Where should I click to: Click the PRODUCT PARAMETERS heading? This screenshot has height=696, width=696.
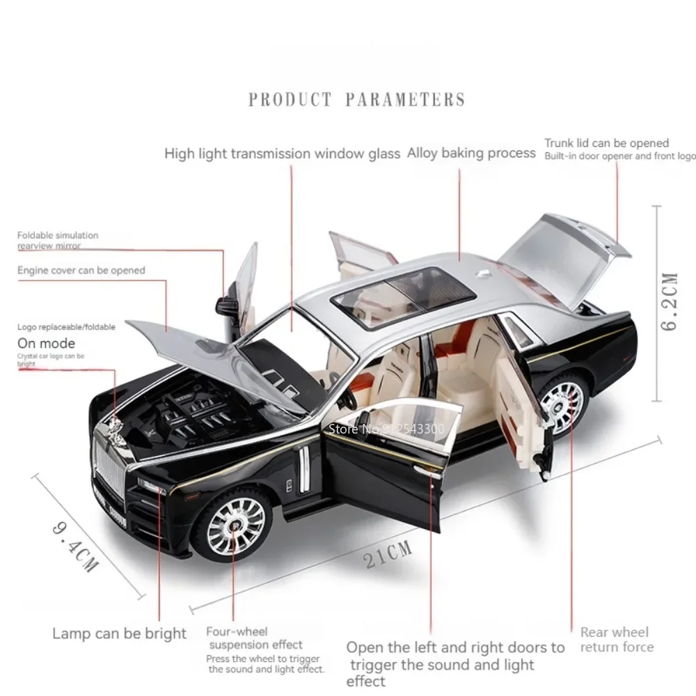(x=356, y=100)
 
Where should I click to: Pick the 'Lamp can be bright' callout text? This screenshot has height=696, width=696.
(x=120, y=633)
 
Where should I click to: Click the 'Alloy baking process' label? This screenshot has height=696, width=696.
(x=471, y=152)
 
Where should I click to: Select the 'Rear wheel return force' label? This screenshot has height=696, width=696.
(x=617, y=640)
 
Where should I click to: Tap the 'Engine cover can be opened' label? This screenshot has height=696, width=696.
(x=81, y=270)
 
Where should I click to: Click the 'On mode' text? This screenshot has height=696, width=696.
(x=46, y=343)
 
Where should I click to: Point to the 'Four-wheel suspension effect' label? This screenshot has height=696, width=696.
(x=254, y=638)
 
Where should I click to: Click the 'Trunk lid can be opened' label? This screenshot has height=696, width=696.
(x=606, y=143)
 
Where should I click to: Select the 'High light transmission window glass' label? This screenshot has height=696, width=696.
(x=282, y=154)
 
